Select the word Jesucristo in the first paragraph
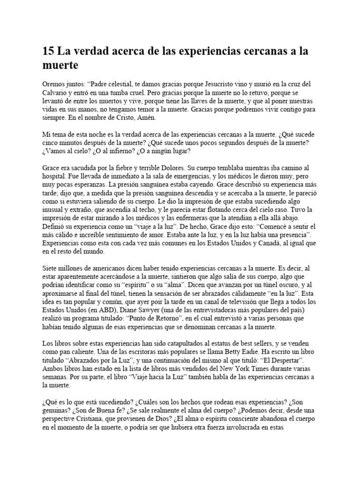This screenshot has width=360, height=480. [218, 84]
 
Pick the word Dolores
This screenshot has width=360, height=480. [191, 168]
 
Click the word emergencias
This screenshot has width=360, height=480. [180, 176]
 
